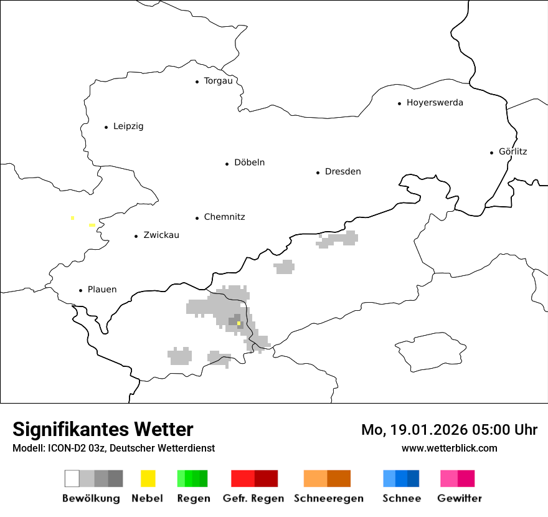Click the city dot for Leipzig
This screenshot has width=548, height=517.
[x=106, y=127]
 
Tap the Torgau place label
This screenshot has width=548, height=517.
[x=218, y=81]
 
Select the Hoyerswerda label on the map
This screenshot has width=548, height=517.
[x=435, y=103]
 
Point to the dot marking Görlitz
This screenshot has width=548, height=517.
[x=492, y=152]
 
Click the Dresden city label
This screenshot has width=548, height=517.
[x=342, y=172]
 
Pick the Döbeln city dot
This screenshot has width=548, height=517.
[x=227, y=164]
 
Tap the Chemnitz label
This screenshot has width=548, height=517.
[x=224, y=217]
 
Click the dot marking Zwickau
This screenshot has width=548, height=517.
[x=136, y=236]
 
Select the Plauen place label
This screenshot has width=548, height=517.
[x=102, y=290]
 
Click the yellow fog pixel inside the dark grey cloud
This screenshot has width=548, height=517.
[x=239, y=323]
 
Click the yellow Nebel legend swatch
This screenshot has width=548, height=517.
[x=148, y=478]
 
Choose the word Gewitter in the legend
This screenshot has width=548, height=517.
[x=459, y=498]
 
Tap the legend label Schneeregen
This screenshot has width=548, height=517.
[x=328, y=498]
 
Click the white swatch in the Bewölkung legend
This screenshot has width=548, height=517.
[x=72, y=478]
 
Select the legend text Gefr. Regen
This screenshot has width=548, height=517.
[x=253, y=498]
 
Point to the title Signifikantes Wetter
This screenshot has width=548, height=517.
[x=103, y=429]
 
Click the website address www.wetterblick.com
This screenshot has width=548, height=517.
[x=449, y=448]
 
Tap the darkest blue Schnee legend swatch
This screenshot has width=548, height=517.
[x=413, y=478]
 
